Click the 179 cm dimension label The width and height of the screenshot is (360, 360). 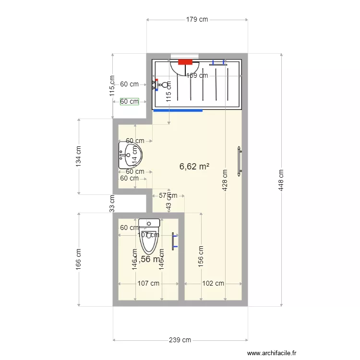click(197, 20)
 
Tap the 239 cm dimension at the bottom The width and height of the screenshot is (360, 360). click(180, 340)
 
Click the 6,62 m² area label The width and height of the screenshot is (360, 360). click(194, 167)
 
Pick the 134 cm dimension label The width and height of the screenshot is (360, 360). click(78, 156)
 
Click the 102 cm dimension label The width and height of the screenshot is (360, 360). click(213, 283)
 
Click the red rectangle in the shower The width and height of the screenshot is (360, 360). click(185, 62)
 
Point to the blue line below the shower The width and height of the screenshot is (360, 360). click(178, 110)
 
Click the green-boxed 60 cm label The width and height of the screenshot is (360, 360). click(129, 101)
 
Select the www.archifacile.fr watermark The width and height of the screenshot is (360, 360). click(272, 353)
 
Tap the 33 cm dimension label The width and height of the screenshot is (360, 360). click(112, 203)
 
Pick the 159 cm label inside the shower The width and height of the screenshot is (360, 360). click(197, 75)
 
